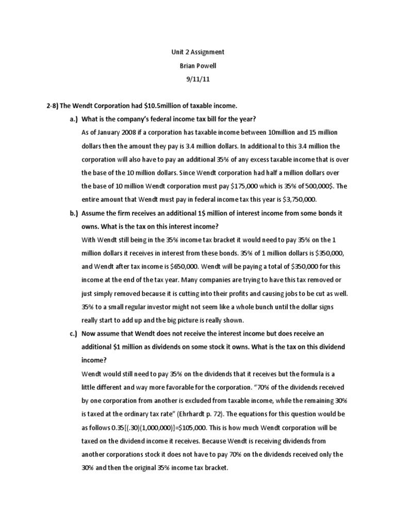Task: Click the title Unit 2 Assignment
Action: pos(197,52)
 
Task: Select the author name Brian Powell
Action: pos(197,66)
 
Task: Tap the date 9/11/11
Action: pos(197,79)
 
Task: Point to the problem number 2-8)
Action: pos(52,106)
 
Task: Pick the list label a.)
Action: pos(71,119)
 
